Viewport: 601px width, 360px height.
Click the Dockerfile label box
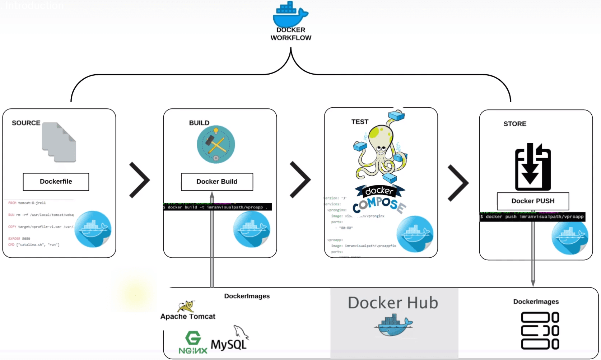click(x=56, y=182)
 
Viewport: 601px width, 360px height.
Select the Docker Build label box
click(x=217, y=182)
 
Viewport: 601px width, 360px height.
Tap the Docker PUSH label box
click(x=533, y=201)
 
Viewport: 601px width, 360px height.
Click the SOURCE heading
click(x=26, y=123)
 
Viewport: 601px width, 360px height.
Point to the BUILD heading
click(x=199, y=123)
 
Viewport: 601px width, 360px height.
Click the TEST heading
click(x=360, y=122)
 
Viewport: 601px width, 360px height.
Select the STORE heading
click(x=515, y=124)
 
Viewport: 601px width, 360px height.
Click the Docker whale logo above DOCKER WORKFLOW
click(x=290, y=14)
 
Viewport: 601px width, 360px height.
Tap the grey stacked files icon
click(x=59, y=142)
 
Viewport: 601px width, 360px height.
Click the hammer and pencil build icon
click(x=216, y=144)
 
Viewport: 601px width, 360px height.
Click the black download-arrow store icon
click(x=533, y=167)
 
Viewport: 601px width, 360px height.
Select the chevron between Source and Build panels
click(x=139, y=180)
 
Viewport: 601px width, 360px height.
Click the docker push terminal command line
click(x=532, y=217)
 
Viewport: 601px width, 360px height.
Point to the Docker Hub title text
click(x=393, y=303)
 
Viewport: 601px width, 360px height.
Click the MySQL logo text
click(x=229, y=345)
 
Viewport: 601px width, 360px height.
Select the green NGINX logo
click(x=193, y=343)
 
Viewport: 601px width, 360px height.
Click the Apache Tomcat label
click(x=188, y=317)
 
